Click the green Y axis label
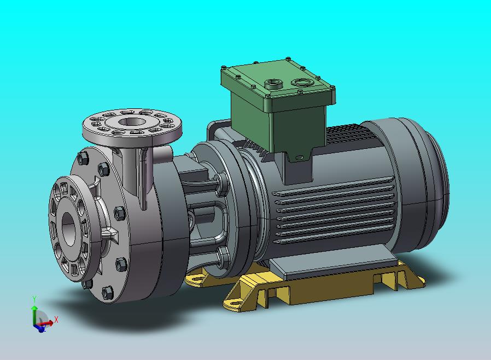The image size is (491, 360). [x=34, y=299]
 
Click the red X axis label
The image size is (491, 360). [x=56, y=320]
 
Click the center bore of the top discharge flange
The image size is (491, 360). [x=132, y=121]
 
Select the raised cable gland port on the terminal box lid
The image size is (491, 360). [x=273, y=84]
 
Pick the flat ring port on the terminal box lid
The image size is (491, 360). [x=302, y=83]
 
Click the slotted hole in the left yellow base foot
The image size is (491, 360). [x=196, y=277]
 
